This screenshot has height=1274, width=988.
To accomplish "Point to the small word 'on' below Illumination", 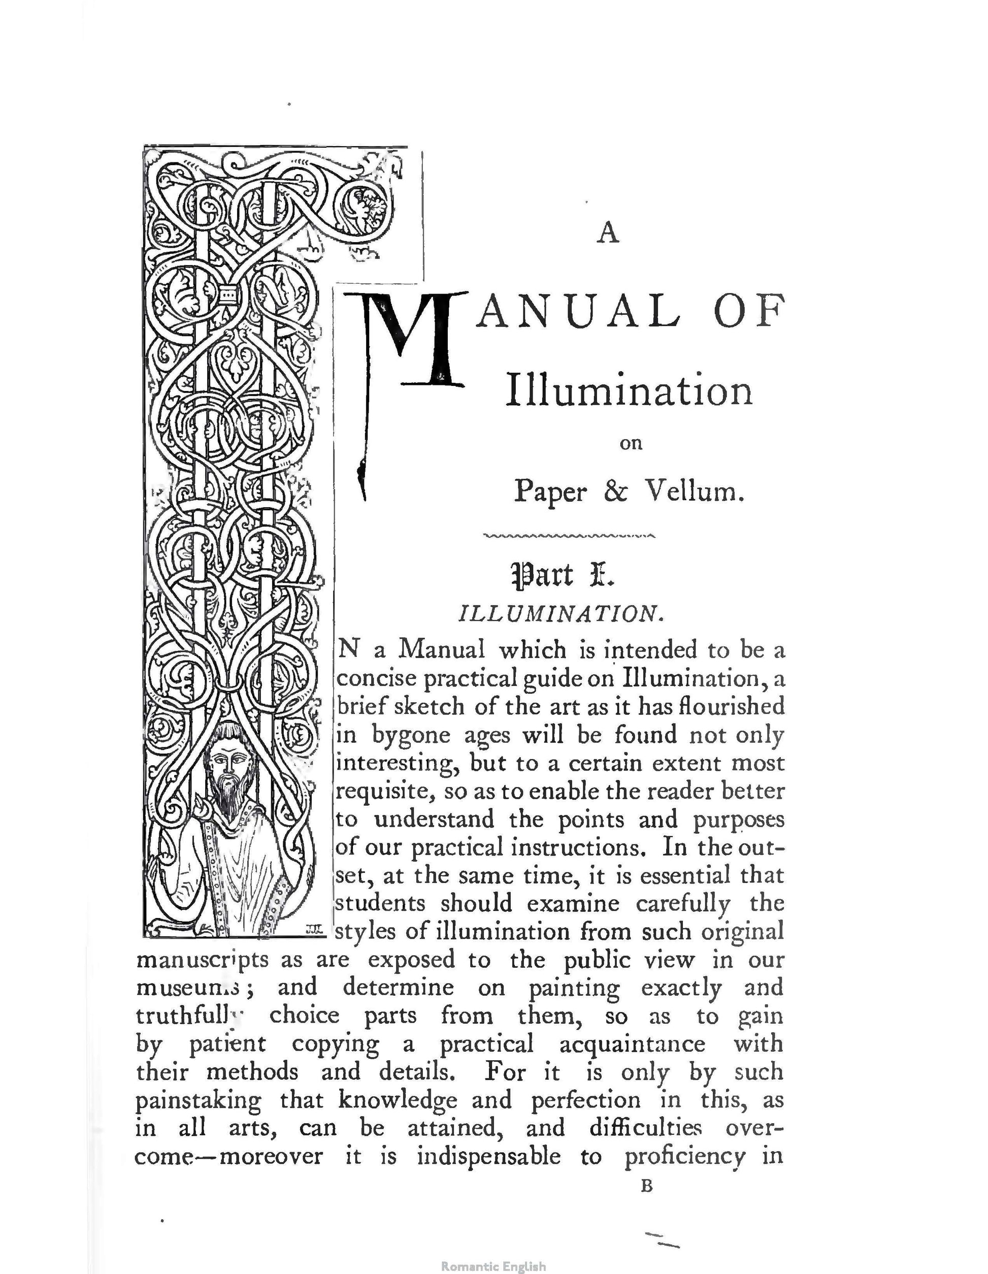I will point(631,444).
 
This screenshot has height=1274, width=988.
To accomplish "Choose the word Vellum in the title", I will point(694,491).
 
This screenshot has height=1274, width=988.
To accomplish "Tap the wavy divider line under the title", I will point(569,534).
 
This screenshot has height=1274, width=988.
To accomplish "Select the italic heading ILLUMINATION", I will point(561,614).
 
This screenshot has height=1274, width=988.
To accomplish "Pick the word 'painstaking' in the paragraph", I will point(199,1101).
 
